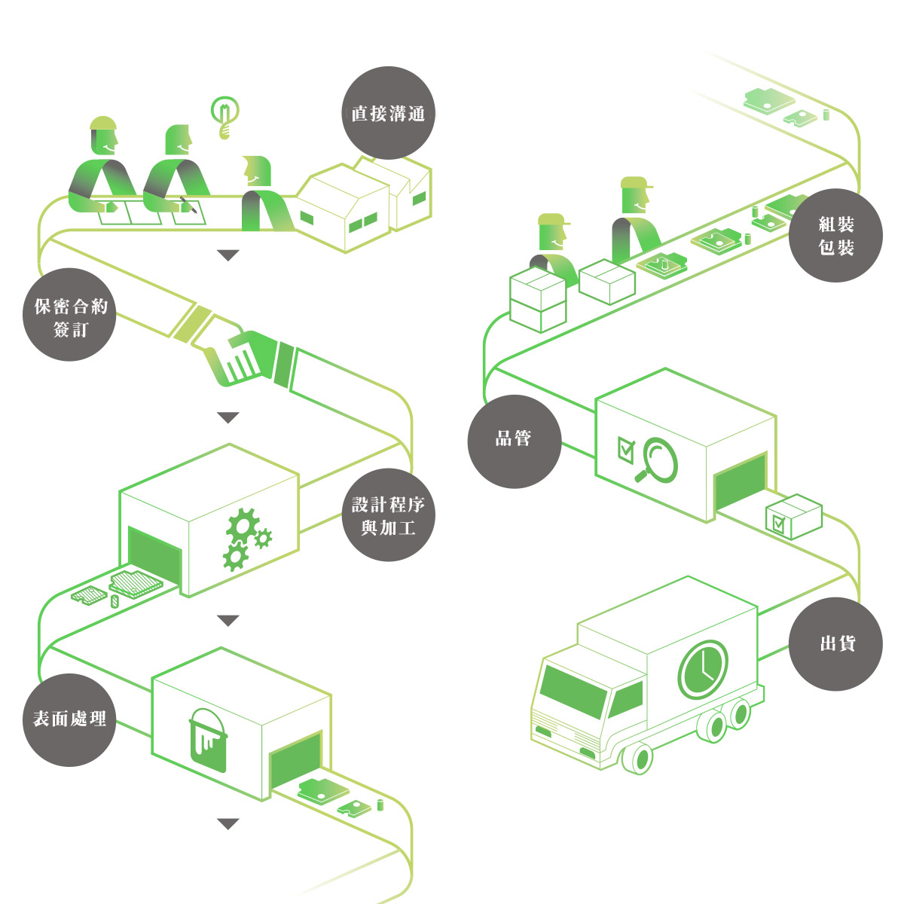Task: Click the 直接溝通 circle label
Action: pos(388,113)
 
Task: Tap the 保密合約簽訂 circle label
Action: pos(70,315)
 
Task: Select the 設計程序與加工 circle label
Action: pos(388,515)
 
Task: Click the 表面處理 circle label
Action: pos(70,719)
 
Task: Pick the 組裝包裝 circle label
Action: pos(835,235)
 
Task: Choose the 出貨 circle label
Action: pos(835,644)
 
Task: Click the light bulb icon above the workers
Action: pos(224,115)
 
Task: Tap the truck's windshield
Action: pos(575,689)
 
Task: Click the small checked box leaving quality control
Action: pos(793,516)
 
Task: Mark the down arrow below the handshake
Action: pos(228,417)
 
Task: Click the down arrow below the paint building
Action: pos(228,824)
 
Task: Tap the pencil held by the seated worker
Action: pos(188,205)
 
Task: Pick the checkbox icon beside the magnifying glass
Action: pos(626,448)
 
